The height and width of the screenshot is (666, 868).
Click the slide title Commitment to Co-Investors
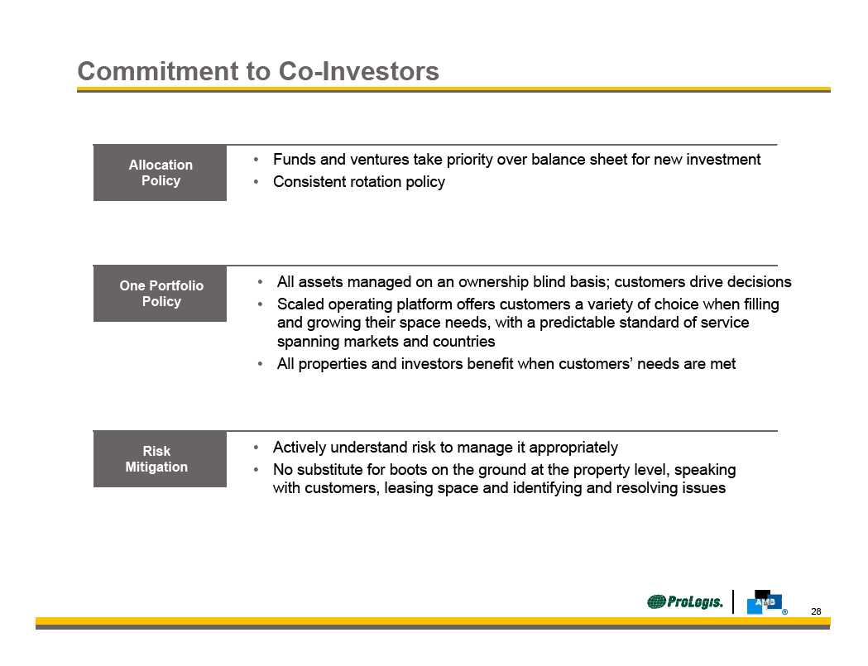(258, 71)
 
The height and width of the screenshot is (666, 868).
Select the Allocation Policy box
(160, 173)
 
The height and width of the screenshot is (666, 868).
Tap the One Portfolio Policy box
(160, 294)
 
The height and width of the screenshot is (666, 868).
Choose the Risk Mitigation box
(160, 459)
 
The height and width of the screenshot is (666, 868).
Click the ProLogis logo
(685, 601)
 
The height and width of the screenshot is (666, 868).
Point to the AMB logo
(764, 602)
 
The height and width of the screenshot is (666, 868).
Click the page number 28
(816, 611)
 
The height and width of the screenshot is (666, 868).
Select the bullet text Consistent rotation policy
(359, 182)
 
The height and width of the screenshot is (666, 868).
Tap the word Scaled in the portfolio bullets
(300, 304)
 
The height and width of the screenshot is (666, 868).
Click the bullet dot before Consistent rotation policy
(256, 181)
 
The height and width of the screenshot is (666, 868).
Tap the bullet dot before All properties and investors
(260, 364)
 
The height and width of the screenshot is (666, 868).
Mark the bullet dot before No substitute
(256, 469)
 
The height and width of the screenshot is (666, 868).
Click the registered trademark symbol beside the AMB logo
(784, 612)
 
